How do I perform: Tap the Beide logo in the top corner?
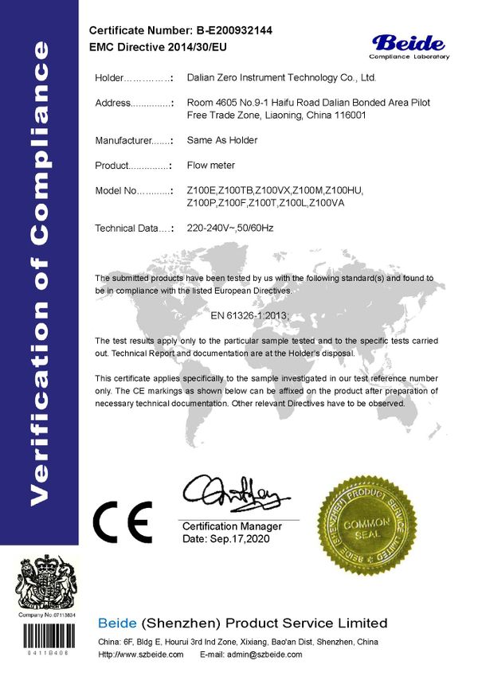408,45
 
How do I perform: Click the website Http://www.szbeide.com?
140,655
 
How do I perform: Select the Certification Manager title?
232,527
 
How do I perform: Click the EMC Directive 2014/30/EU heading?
159,48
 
